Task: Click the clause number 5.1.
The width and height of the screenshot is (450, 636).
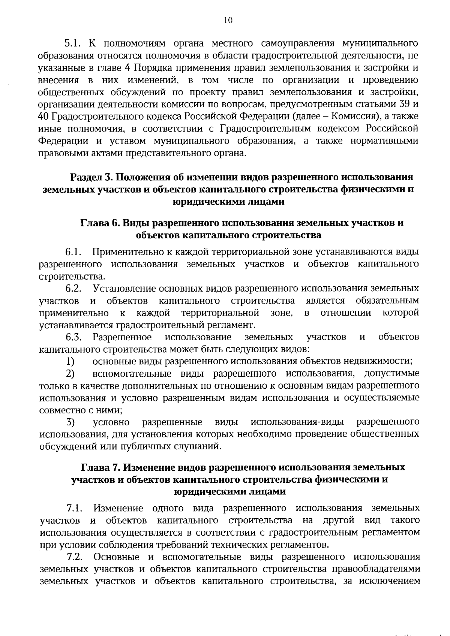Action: pos(73,44)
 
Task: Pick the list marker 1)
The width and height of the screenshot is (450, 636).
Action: pos(70,362)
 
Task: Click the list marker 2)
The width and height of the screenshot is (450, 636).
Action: pos(70,374)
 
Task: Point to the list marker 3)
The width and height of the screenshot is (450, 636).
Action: pos(70,422)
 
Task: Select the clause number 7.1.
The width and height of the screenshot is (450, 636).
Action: pos(74,509)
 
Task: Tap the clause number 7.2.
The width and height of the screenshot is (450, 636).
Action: pos(75,557)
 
